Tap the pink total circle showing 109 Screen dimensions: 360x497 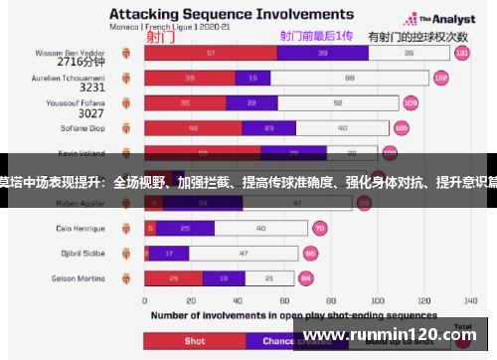click(411, 101)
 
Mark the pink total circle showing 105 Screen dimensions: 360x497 click(402, 127)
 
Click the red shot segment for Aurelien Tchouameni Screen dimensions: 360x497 click(189, 77)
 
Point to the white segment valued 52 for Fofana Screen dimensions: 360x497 click(339, 101)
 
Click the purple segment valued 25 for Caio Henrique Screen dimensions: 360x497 click(185, 228)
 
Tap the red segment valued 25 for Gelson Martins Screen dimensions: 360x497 click(174, 277)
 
